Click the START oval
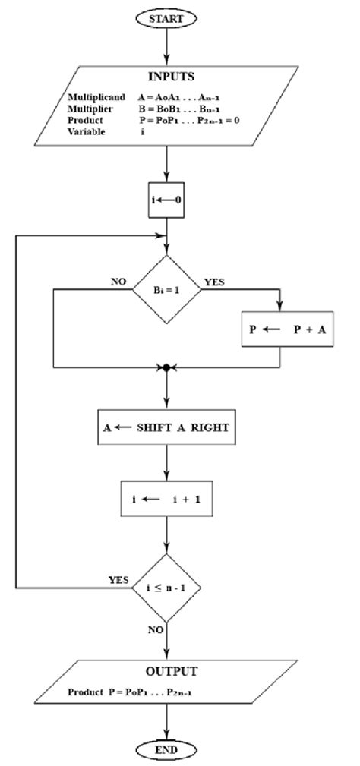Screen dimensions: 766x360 pos(166,17)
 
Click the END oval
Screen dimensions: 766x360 pos(166,750)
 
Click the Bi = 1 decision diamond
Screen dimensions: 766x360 pos(166,289)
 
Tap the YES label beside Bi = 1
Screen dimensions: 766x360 pos(215,282)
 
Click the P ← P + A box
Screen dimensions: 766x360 pos(287,330)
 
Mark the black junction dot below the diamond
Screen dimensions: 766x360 pos(166,368)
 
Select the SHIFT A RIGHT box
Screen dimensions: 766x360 pos(166,427)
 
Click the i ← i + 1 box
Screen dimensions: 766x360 pos(166,500)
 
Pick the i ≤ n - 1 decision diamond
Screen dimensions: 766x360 pos(166,587)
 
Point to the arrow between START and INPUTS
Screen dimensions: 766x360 pos(166,47)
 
